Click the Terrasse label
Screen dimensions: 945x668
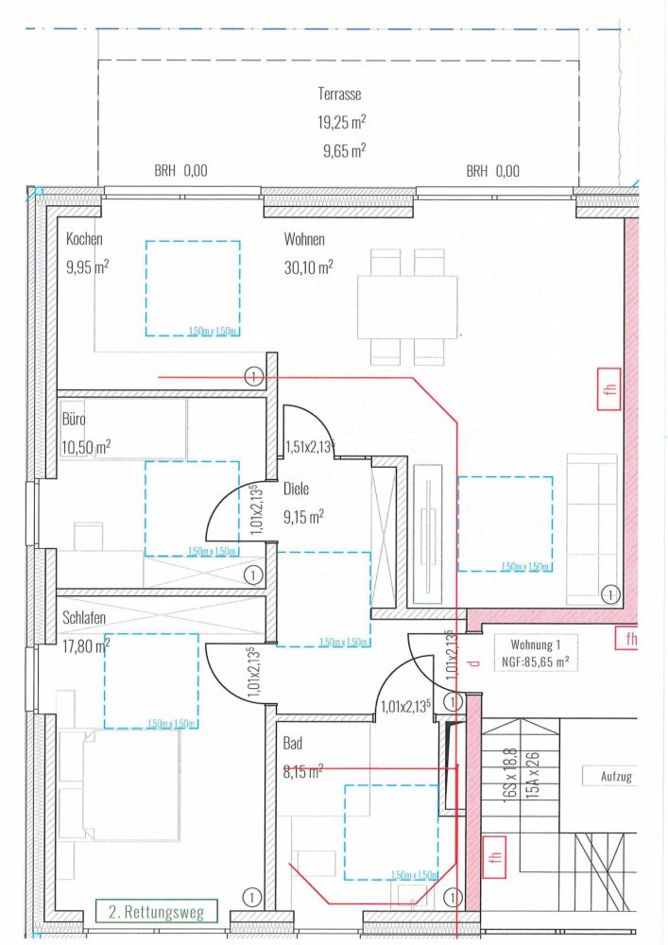tap(340, 94)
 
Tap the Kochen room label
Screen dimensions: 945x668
tap(84, 240)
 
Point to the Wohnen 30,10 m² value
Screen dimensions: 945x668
tap(308, 267)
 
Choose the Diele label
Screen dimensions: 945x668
tap(297, 490)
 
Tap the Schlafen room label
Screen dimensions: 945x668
tap(85, 618)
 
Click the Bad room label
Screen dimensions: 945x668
tap(293, 745)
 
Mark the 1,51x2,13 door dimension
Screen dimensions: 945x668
tap(310, 446)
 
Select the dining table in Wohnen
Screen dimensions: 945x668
tap(407, 306)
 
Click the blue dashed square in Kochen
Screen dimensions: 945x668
tap(193, 288)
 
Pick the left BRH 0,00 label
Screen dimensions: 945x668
tap(180, 172)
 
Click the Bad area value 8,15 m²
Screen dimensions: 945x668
tap(302, 771)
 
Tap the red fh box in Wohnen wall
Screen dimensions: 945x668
tap(608, 390)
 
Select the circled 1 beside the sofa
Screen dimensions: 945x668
tap(608, 594)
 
